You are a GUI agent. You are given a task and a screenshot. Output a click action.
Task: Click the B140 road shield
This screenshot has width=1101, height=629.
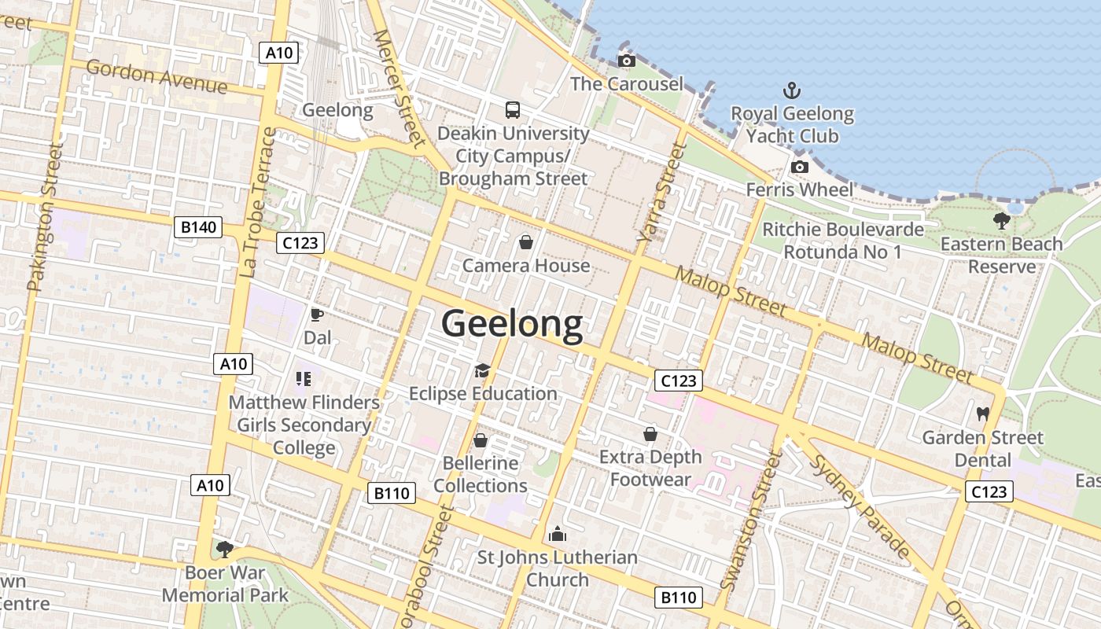tap(198, 228)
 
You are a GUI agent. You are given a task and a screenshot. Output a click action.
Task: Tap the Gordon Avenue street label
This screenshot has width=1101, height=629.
tap(156, 77)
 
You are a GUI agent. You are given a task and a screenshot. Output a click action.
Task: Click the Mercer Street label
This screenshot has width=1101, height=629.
tap(399, 88)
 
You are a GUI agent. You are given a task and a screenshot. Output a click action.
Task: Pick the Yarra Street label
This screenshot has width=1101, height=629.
tap(657, 191)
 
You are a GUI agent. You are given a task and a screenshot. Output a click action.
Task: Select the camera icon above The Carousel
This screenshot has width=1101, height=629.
tap(626, 61)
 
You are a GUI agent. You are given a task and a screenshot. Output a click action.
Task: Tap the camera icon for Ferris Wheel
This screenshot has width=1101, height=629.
tap(799, 167)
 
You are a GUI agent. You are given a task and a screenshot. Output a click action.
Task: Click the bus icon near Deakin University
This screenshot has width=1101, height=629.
tap(513, 109)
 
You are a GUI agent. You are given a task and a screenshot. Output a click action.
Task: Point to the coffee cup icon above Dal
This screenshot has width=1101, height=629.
tap(317, 315)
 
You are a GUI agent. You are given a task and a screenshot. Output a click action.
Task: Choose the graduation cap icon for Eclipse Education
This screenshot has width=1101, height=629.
tap(482, 370)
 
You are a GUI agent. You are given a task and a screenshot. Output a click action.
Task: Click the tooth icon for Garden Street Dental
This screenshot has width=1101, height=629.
tap(982, 414)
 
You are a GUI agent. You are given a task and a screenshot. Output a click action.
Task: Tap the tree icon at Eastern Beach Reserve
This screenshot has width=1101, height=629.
tap(1001, 221)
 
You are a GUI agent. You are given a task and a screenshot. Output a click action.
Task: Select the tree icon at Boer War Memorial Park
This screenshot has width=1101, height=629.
tap(225, 549)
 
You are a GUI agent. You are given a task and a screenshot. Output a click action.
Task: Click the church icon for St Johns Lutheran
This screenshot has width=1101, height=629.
tap(558, 535)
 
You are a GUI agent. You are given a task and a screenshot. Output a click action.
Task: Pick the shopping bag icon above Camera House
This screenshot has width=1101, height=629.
tap(526, 242)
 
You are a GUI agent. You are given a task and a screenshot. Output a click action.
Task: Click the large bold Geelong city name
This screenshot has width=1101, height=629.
tap(512, 323)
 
